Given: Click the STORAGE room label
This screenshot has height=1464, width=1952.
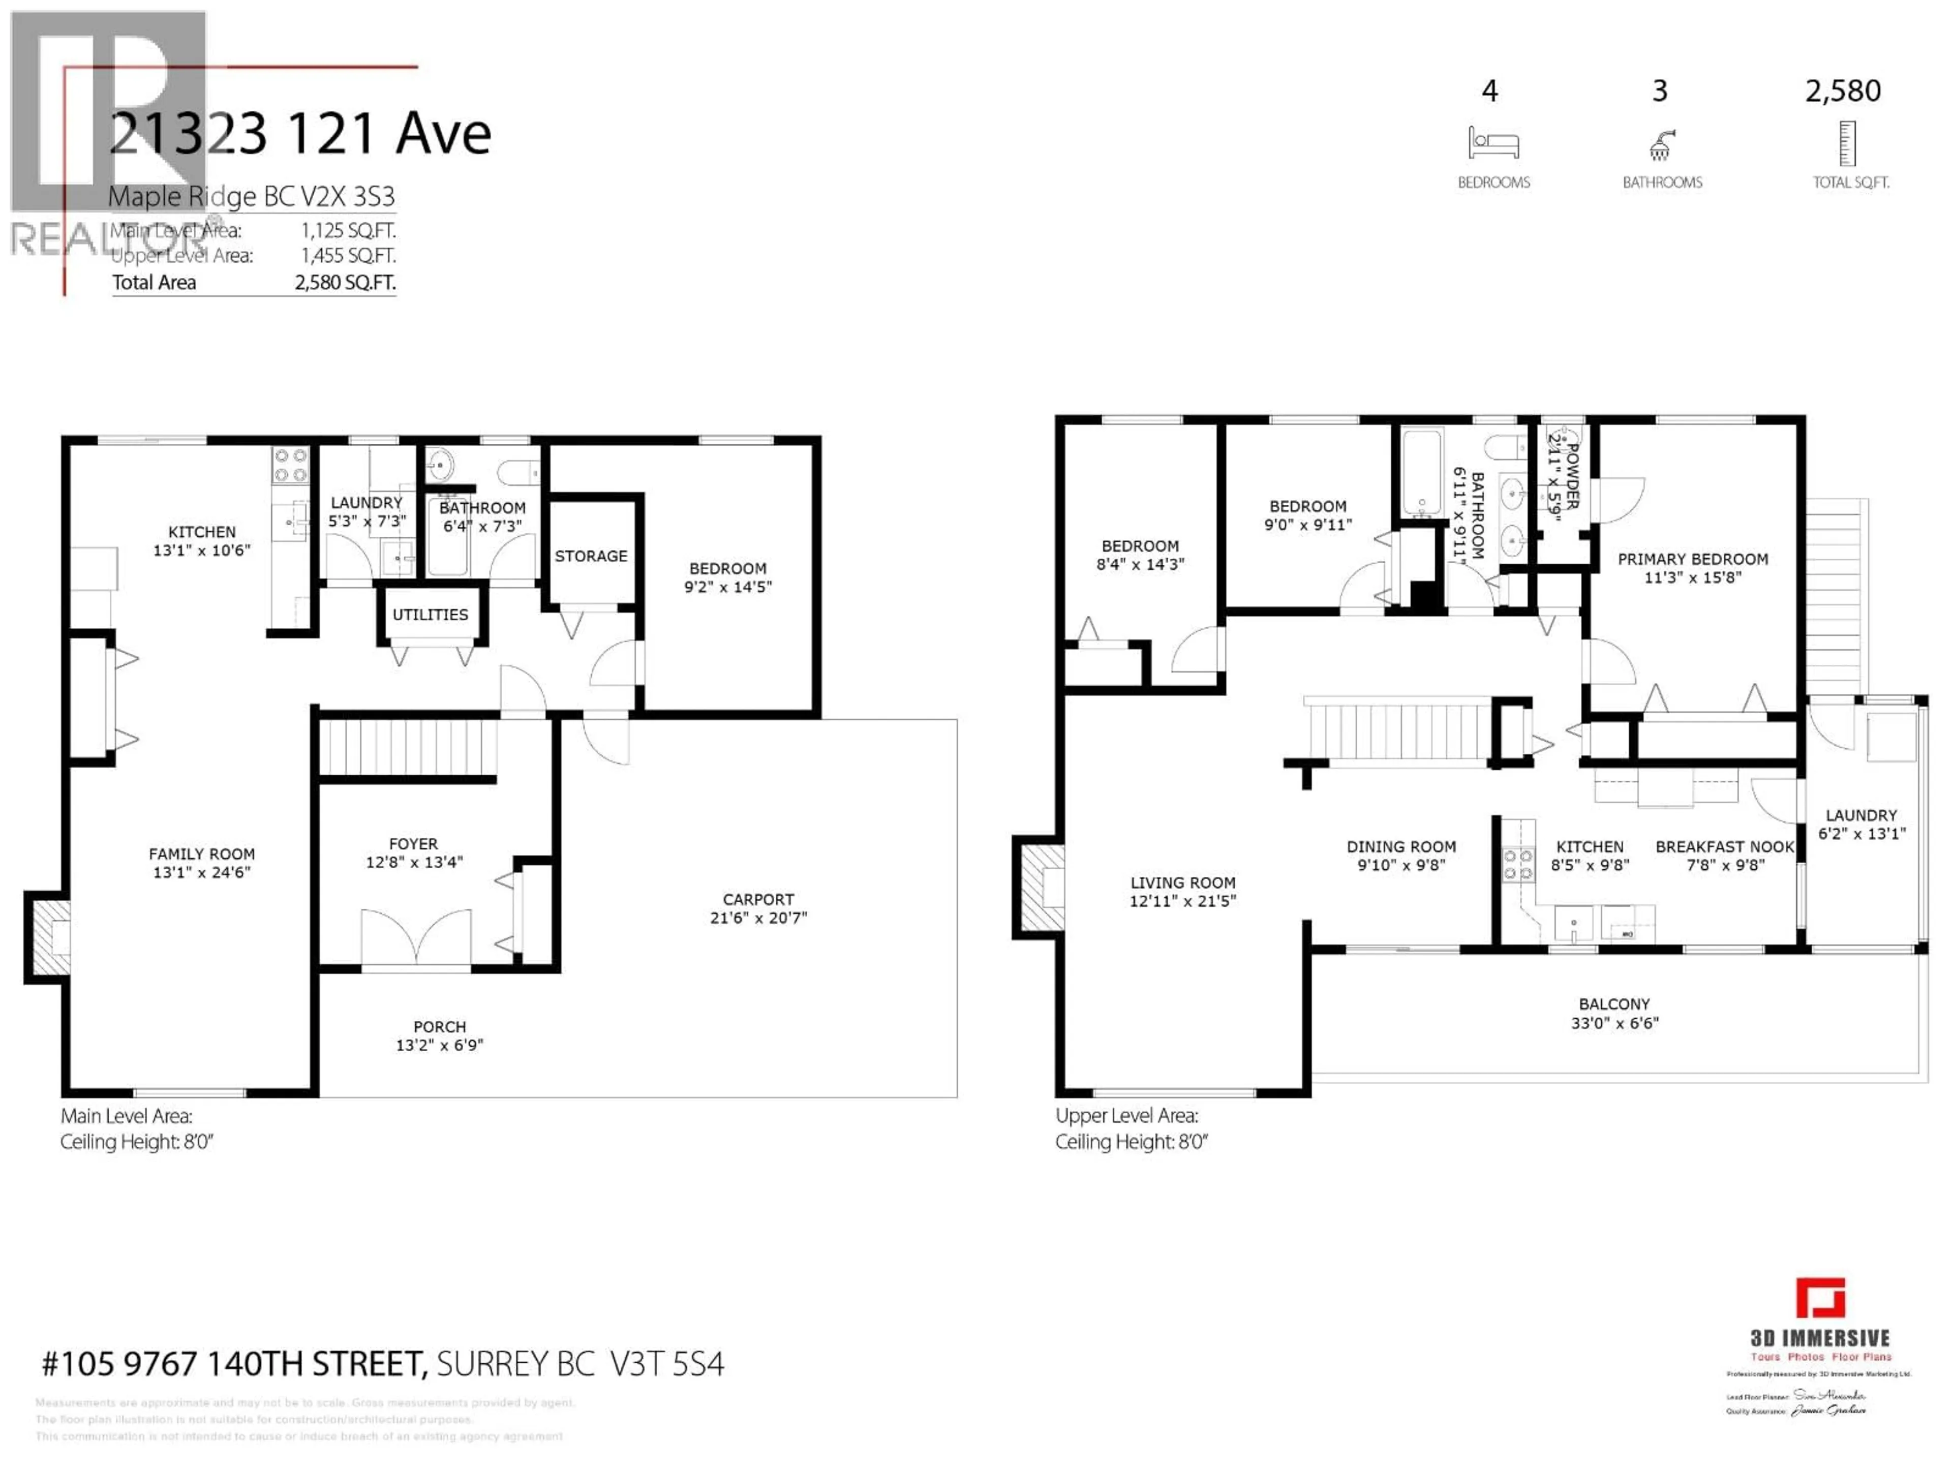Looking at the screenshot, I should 590,556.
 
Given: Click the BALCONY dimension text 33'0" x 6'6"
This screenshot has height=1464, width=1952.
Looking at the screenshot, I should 1614,1023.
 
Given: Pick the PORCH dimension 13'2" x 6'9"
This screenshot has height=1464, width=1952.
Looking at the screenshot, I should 440,1045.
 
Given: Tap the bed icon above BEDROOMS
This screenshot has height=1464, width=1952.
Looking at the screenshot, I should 1493,143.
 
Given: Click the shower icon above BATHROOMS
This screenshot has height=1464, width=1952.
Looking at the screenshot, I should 1661,145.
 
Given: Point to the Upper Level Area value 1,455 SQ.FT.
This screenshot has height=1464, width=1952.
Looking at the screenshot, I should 348,256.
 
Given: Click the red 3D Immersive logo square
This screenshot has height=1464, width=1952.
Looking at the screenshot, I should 1820,1298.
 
